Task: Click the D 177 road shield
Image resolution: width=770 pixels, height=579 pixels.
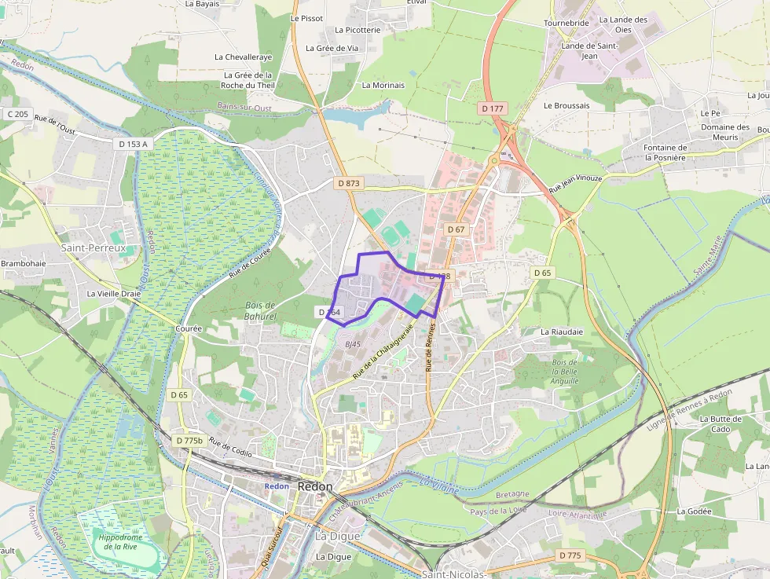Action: [x=493, y=108]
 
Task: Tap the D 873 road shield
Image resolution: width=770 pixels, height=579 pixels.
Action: [x=348, y=183]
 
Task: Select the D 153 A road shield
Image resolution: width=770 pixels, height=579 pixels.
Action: [x=133, y=144]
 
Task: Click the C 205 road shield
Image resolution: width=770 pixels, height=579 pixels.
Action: [x=16, y=114]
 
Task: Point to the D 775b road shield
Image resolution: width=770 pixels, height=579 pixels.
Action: [x=189, y=441]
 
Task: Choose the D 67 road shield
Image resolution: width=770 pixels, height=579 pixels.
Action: [x=456, y=229]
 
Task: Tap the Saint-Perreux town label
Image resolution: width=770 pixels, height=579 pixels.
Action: [x=93, y=247]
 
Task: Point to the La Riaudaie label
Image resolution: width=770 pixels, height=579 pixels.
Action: [x=562, y=332]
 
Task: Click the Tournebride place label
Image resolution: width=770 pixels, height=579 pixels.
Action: [x=566, y=24]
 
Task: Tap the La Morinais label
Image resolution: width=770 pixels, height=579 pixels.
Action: [x=383, y=85]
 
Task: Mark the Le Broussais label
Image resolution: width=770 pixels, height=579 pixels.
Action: [x=566, y=104]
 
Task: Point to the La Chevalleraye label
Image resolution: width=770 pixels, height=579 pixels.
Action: [x=244, y=57]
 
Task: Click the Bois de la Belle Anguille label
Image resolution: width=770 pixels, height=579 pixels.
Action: [x=564, y=372]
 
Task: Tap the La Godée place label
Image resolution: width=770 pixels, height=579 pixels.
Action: [x=694, y=511]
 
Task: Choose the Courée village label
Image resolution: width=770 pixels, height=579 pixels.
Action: [x=189, y=328]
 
